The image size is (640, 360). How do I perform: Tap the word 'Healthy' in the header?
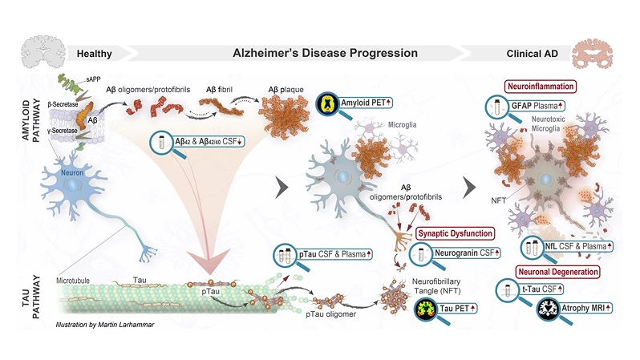click(94, 55)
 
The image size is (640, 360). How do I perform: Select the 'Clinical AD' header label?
click(533, 55)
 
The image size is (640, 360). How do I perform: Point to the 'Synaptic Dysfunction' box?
click(451, 233)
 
